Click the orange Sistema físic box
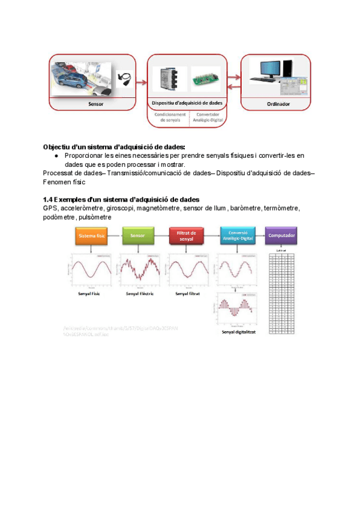(x=92, y=236)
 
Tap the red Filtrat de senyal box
(x=185, y=236)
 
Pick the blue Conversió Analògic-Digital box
(x=236, y=236)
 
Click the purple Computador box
(x=281, y=236)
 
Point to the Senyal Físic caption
(x=92, y=294)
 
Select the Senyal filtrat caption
(x=188, y=294)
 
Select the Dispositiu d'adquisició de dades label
(x=187, y=104)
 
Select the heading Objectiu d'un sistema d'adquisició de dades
(x=114, y=147)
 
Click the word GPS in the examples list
(x=50, y=208)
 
